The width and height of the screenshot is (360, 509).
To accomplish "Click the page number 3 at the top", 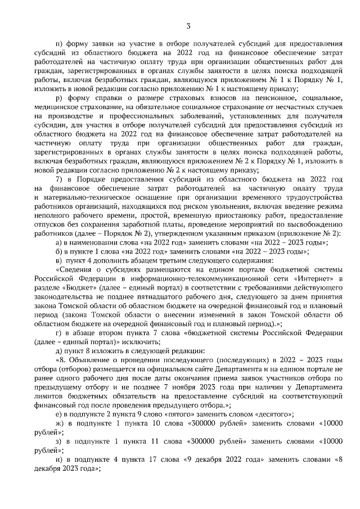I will (x=188, y=25).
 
